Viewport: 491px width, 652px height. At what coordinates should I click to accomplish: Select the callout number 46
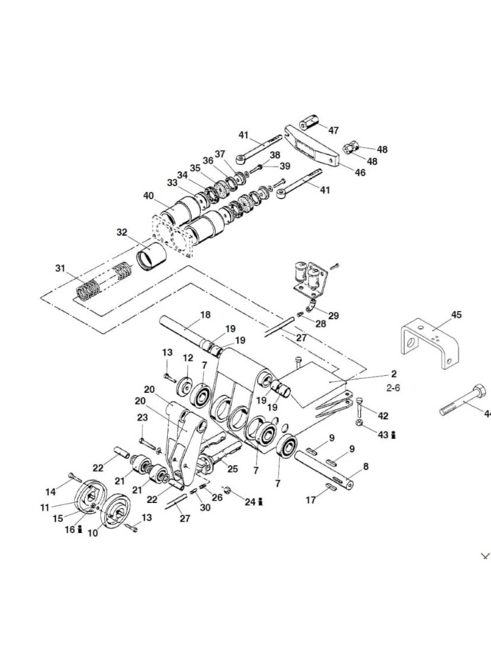(360, 172)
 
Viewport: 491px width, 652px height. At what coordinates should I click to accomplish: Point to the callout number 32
(122, 232)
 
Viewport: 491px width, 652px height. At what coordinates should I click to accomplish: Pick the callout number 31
(60, 268)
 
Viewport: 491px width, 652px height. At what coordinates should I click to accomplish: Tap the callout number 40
(148, 196)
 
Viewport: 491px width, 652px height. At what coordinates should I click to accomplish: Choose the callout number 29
(334, 316)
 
